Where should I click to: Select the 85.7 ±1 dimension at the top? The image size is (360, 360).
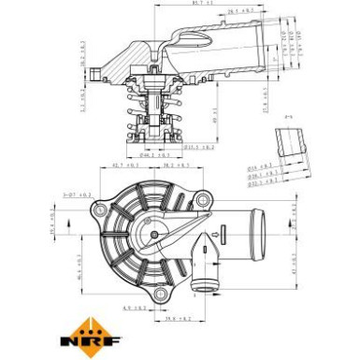click(x=200, y=6)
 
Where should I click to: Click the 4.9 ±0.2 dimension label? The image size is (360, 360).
click(x=133, y=306)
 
